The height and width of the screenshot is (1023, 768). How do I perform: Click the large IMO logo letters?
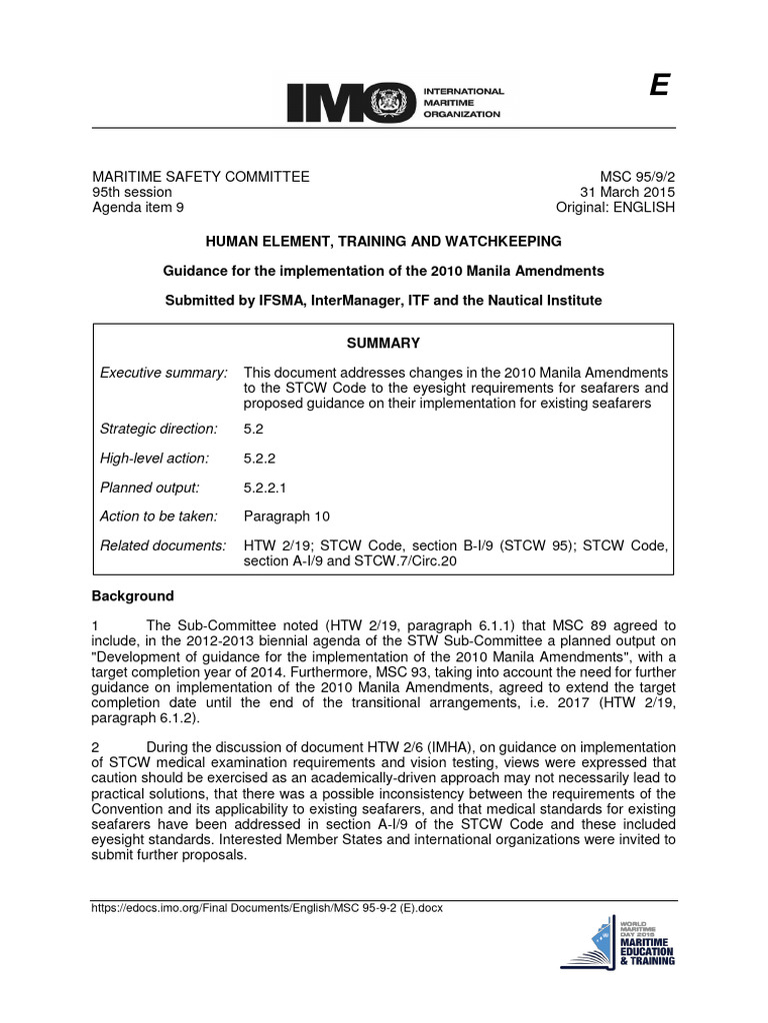345,102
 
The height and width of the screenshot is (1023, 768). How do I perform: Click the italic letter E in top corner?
658,87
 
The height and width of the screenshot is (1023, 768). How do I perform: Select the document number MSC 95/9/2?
637,177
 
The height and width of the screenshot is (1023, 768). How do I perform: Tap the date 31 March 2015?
628,192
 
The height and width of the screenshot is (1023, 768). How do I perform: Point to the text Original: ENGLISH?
615,207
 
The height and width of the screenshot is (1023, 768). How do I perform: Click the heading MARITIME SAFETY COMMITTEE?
201,177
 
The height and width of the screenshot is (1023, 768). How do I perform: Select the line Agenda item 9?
138,207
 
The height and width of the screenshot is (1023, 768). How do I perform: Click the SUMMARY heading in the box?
383,343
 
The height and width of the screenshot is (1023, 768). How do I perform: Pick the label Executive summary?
164,373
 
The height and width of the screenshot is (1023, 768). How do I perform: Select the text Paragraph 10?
286,516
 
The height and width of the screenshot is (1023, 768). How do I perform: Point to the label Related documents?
164,545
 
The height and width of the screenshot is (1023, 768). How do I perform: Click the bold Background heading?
133,596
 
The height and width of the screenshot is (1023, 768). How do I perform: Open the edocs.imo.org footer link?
267,908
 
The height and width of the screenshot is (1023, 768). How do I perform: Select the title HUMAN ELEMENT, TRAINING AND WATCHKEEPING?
383,242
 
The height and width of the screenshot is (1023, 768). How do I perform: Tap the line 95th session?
132,192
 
